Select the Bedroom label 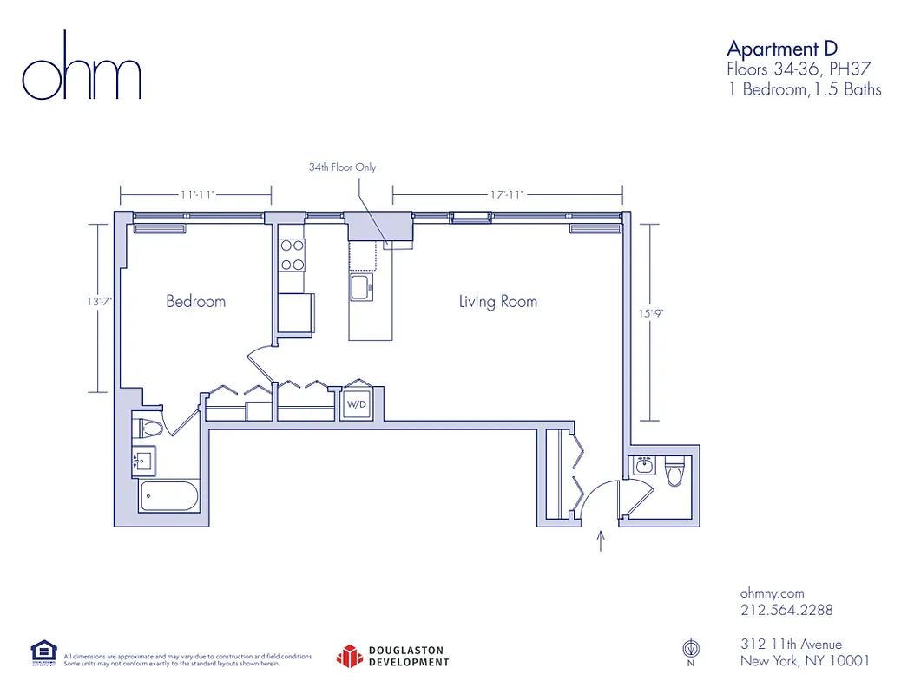(195, 302)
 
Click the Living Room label (497, 302)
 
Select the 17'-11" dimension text (507, 195)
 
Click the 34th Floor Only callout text (342, 167)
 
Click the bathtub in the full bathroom (170, 498)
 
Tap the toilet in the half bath (674, 473)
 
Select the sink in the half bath (643, 467)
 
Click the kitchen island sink (359, 286)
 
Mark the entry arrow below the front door (600, 541)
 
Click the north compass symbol (691, 648)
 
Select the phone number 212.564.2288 (786, 610)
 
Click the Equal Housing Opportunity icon (43, 652)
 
